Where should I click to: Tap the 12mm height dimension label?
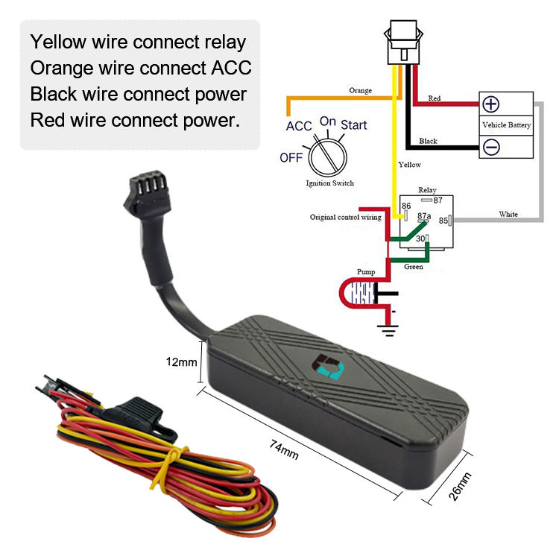click(x=181, y=362)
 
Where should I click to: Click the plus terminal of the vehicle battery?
click(x=491, y=104)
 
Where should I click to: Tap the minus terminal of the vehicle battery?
click(x=491, y=148)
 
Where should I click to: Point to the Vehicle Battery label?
click(x=507, y=124)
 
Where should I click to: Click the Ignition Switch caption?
click(x=329, y=183)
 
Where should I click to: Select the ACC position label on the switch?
click(x=299, y=126)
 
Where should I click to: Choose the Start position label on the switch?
click(x=354, y=124)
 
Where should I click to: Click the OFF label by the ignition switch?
click(x=291, y=157)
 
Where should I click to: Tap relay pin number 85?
click(x=443, y=220)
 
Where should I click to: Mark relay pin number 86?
click(x=406, y=206)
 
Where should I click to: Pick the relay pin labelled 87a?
click(x=424, y=216)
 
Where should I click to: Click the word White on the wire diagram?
click(x=508, y=215)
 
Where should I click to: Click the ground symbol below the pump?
click(x=388, y=323)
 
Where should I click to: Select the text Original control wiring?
click(x=346, y=218)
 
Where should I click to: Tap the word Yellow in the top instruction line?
click(x=60, y=42)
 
